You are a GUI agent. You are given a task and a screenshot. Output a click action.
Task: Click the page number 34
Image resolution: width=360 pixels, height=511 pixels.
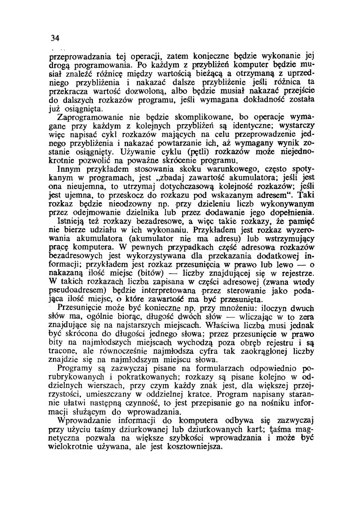coord(55,38)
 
